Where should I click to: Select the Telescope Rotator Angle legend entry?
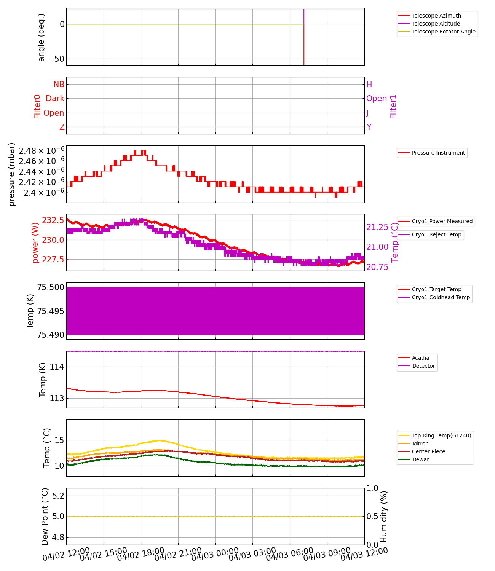[x=444, y=32]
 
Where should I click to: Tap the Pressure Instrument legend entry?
[x=438, y=153]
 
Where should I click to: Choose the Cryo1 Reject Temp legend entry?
[x=436, y=234]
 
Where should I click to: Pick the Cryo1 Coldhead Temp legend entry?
[x=441, y=297]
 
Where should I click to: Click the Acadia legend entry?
[x=420, y=358]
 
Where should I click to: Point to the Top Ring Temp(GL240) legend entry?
[x=441, y=435]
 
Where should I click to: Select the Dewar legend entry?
[x=420, y=459]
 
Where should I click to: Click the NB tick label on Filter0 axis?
[x=59, y=85]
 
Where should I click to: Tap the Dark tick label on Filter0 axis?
[x=55, y=99]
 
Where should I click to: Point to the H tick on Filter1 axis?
[x=369, y=85]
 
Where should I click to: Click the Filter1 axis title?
[x=393, y=107]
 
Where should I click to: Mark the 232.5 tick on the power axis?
[x=53, y=220]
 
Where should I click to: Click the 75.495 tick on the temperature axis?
[x=51, y=311]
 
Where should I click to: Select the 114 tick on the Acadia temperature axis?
[x=57, y=367]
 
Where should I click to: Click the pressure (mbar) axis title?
[x=12, y=174]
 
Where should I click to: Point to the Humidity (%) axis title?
[x=384, y=517]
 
